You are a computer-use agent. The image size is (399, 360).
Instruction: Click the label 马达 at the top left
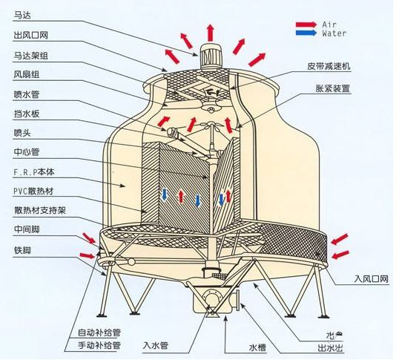click(x=22, y=13)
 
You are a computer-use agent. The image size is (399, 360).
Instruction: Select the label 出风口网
click(x=30, y=34)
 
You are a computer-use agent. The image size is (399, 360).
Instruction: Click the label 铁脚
click(x=22, y=249)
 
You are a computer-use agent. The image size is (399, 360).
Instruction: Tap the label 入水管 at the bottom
click(x=156, y=346)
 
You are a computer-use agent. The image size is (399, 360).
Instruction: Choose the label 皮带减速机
click(x=329, y=66)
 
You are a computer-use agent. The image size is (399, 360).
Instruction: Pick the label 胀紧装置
click(x=332, y=88)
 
